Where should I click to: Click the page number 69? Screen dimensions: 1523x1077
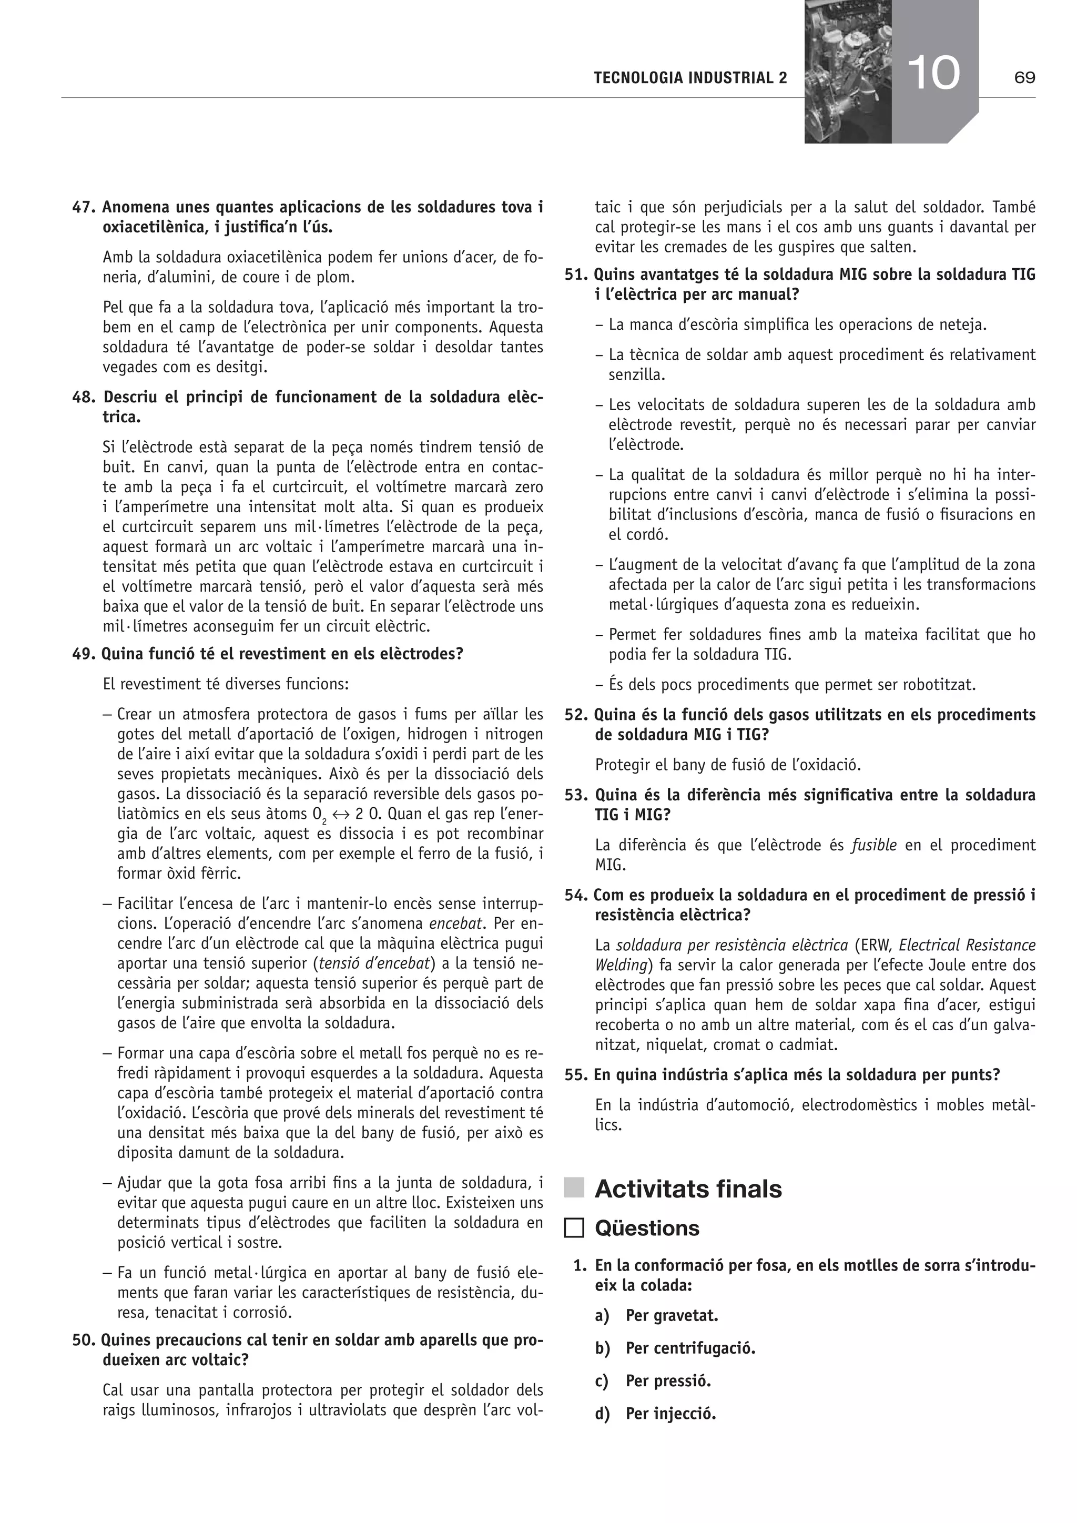(x=1024, y=78)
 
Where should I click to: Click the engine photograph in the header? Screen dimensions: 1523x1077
(x=847, y=72)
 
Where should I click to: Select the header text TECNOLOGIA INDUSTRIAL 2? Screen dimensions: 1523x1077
(x=690, y=78)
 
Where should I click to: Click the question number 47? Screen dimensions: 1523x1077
(x=84, y=208)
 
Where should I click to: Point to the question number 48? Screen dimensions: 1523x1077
(x=84, y=398)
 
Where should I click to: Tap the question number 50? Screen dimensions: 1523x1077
(x=84, y=1340)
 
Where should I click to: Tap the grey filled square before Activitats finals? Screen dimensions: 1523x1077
(x=574, y=1188)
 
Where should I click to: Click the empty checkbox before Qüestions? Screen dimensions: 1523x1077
(x=574, y=1228)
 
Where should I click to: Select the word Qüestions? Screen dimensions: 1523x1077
(x=647, y=1228)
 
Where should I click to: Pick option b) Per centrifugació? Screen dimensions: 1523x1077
(x=690, y=1348)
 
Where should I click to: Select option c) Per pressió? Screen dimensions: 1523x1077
(x=667, y=1382)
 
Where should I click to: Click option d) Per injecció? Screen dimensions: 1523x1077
(x=670, y=1414)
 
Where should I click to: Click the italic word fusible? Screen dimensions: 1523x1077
(x=873, y=845)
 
